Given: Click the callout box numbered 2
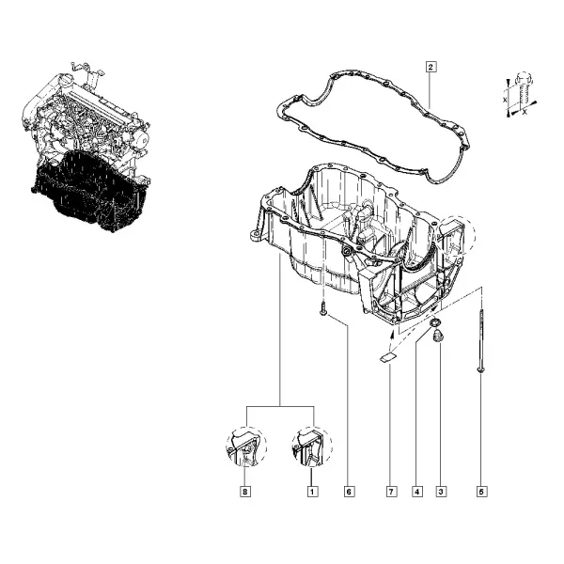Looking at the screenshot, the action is coord(431,67).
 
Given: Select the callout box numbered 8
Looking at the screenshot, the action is coord(245,492).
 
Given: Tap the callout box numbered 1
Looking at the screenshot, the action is coord(312,492).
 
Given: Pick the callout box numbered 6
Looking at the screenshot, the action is coord(349,492).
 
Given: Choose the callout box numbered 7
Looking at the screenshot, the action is coord(391,492).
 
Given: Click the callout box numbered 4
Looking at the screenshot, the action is coord(417,492).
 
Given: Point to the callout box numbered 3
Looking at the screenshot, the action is coord(441,492).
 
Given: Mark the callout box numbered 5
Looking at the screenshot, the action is coord(481,492).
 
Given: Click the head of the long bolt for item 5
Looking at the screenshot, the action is coord(481,369).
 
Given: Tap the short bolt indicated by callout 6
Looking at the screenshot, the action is coord(323,309).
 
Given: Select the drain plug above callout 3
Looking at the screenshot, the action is coord(438,337).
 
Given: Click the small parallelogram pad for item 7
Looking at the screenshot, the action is coord(388,357).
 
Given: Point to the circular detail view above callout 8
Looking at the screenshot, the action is coord(246,446).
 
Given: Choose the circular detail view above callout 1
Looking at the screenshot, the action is coord(312,446).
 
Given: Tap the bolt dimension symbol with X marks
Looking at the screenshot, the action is coord(520,94).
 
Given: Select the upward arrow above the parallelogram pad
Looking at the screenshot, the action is coord(392,337).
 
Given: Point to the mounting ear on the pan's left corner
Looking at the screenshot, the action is coord(256,237).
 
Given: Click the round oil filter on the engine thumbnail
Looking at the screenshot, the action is coord(143,137).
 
